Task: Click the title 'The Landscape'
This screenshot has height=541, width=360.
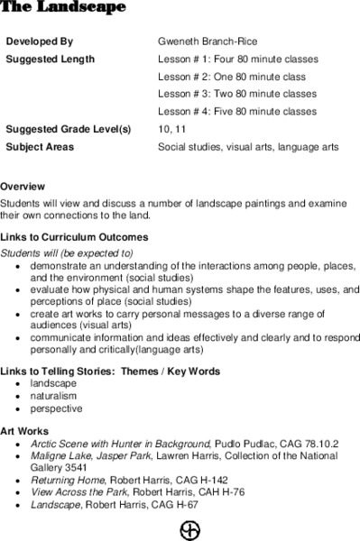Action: click(x=62, y=7)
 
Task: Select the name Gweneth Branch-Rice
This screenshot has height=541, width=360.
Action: click(x=208, y=41)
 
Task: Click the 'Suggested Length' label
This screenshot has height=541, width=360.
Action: click(x=50, y=59)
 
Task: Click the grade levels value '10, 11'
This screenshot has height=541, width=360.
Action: click(x=170, y=129)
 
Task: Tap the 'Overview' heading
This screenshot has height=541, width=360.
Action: click(x=23, y=187)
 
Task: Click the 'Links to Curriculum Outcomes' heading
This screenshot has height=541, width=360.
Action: click(x=74, y=237)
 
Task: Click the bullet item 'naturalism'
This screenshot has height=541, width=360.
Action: click(x=53, y=395)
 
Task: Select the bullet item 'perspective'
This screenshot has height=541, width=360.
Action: click(x=56, y=408)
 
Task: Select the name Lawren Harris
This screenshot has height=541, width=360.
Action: click(x=198, y=457)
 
